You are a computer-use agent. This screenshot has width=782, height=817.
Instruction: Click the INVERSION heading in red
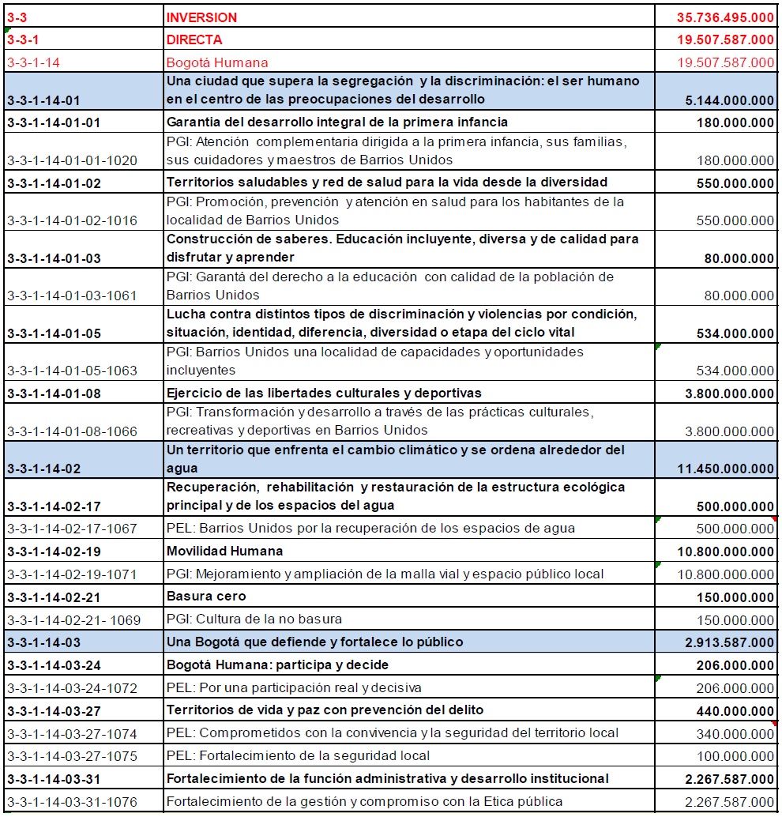(201, 17)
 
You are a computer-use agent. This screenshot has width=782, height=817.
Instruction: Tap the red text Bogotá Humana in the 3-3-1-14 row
(217, 62)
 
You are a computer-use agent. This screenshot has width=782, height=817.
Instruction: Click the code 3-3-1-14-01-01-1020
(72, 160)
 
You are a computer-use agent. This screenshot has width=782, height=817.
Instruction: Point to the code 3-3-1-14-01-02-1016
(72, 220)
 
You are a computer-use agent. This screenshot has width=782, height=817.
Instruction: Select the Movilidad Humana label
(224, 551)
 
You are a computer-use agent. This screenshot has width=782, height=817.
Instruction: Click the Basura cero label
(206, 596)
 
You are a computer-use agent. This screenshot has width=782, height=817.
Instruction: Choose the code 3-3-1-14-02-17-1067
(72, 529)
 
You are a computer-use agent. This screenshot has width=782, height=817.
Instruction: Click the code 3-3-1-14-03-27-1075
(72, 756)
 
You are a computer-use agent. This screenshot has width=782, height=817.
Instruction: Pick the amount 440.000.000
(735, 710)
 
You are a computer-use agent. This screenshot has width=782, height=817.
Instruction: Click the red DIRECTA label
(194, 40)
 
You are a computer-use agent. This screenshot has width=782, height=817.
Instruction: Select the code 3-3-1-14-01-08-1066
(72, 431)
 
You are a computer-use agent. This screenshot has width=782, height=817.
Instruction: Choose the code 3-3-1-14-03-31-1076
(72, 802)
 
